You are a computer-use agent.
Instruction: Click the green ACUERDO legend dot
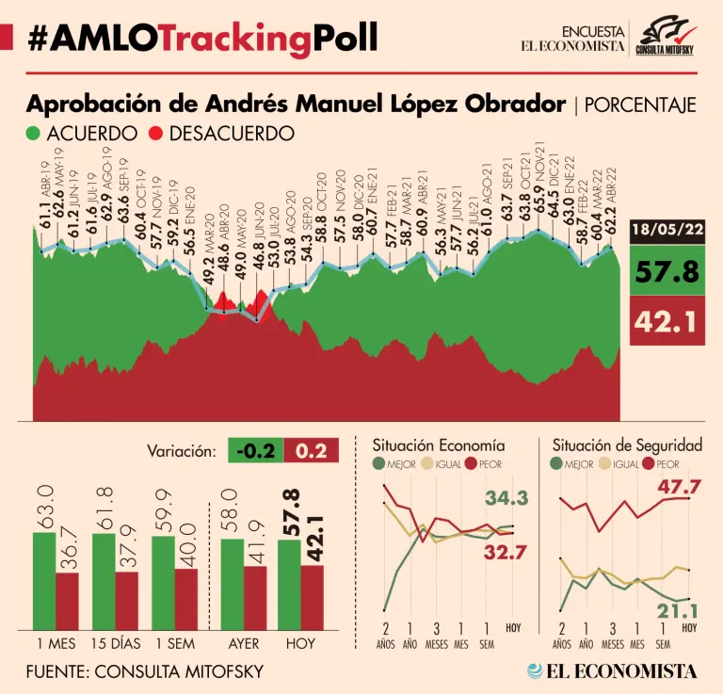coord(35,134)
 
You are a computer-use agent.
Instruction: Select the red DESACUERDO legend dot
coord(157,134)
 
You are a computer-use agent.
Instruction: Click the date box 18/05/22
coord(667,230)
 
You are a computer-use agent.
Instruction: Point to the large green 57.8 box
coord(667,273)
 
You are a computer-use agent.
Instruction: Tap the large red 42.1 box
coord(667,322)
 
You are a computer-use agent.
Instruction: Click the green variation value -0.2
coord(255,450)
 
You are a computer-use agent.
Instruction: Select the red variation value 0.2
coord(311,450)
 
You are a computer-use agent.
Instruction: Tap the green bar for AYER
coord(232,584)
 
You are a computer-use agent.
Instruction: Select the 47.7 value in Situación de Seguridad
coord(681,487)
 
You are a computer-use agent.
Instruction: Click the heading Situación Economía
coord(438,444)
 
